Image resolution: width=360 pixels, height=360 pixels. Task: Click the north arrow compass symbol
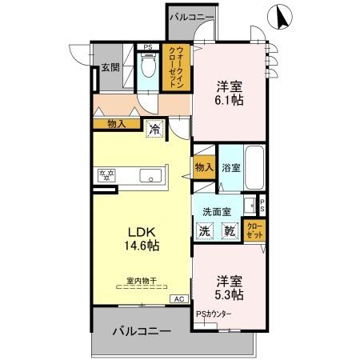coord(282,15)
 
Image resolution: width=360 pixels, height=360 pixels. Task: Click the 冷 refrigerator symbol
coord(154,126)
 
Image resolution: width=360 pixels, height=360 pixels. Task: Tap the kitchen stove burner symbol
coord(106,175)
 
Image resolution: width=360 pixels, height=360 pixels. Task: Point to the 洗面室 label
coord(216,211)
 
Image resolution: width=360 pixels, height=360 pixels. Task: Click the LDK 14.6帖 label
coord(141,238)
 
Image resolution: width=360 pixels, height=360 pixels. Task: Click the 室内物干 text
coord(141,281)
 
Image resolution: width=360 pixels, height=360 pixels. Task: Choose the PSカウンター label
coord(214,314)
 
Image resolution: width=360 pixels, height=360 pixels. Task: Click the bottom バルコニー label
coord(141,330)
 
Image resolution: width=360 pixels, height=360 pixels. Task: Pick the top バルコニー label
coord(191,15)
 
